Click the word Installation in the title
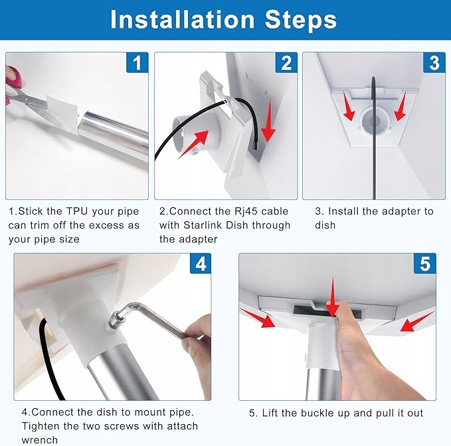183,19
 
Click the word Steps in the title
301,20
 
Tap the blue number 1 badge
137,62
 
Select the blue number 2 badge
286,62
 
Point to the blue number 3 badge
434,62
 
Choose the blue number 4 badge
201,263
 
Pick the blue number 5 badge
425,263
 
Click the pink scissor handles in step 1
13,84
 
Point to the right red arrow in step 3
401,106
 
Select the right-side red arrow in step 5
417,322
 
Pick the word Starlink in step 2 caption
203,225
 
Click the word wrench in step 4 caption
40,440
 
